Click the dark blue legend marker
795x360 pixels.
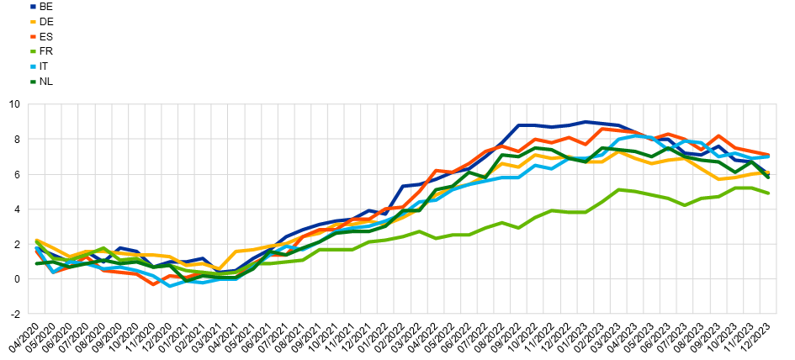click(x=34, y=7)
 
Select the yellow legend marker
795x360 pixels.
click(x=34, y=22)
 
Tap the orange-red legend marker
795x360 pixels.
click(x=34, y=37)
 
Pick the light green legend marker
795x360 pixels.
click(x=34, y=52)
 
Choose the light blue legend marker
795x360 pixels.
click(x=34, y=66)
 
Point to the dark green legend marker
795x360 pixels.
click(x=34, y=82)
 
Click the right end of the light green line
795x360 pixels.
click(x=769, y=193)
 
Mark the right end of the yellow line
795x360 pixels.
click(x=769, y=172)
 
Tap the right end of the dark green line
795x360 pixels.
click(x=769, y=177)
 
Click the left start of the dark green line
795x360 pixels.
click(x=36, y=263)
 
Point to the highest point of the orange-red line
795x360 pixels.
click(x=602, y=129)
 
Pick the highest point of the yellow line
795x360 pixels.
click(x=619, y=152)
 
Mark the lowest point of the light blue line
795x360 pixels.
click(x=170, y=286)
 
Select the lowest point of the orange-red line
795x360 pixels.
click(x=154, y=284)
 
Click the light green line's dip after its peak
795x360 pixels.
click(x=685, y=204)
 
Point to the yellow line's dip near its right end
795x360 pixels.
click(x=719, y=178)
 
